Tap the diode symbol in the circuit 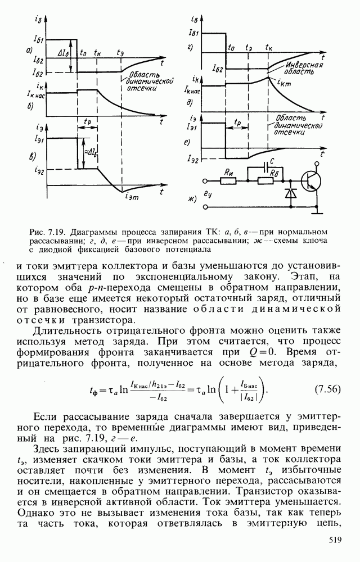290,193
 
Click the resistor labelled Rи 229,181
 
